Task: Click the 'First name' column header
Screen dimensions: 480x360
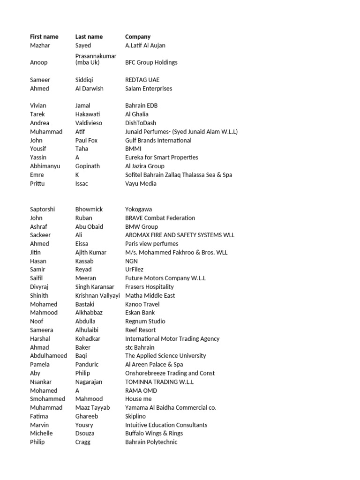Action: [x=44, y=37]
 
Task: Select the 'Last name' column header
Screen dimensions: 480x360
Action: [x=89, y=37]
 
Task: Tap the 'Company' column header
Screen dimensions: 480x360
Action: [x=138, y=37]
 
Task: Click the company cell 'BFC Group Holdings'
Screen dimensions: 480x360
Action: [x=151, y=62]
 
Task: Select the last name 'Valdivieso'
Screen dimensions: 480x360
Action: [x=89, y=123]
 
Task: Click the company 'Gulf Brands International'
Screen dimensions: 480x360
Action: [x=158, y=140]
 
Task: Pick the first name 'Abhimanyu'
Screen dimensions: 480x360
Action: [x=45, y=166]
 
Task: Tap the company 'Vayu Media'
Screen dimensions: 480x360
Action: [x=141, y=183]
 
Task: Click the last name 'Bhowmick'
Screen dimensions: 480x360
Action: [x=89, y=209]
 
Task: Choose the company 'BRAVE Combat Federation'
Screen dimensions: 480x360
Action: [x=160, y=218]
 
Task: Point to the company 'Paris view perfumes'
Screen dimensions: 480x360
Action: [x=151, y=244]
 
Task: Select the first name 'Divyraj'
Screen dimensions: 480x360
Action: [x=39, y=287]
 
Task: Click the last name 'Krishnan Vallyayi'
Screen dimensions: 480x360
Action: [x=97, y=295]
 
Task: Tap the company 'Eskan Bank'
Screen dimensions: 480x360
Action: [x=140, y=313]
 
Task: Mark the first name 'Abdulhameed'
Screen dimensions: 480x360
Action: [x=48, y=356]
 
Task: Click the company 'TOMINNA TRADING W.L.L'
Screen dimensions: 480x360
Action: [x=159, y=382]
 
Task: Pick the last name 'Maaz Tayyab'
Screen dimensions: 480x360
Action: [x=92, y=408]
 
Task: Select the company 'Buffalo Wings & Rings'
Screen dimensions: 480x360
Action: [x=154, y=434]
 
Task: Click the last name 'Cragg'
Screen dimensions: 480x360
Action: [x=82, y=442]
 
